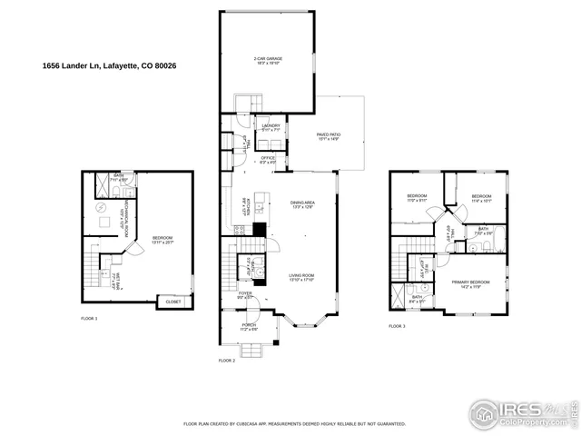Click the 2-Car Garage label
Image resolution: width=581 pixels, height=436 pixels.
268,60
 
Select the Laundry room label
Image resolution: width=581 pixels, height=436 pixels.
271,127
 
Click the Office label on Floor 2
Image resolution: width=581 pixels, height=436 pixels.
268,160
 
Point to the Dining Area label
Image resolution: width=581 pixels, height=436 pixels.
302,204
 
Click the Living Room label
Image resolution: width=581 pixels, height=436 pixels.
301,277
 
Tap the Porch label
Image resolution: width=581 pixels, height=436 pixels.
248,326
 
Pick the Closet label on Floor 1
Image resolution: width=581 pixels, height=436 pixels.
172,302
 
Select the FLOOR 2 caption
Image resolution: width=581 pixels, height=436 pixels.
226,361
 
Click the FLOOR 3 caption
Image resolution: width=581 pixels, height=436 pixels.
398,326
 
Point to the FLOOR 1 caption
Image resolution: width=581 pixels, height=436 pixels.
89,319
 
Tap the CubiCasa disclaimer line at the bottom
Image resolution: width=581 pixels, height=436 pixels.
295,423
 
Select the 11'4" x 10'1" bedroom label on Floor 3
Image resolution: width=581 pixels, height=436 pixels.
481,199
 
